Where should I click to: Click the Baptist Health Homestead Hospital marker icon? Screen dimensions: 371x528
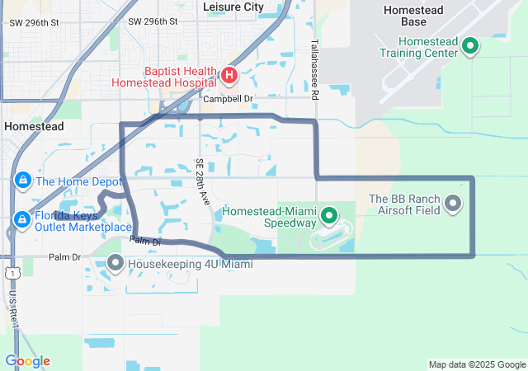pyautogui.click(x=229, y=77)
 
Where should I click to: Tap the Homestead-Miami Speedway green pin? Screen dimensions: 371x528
pyautogui.click(x=329, y=217)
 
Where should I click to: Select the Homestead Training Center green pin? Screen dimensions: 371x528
pyautogui.click(x=469, y=46)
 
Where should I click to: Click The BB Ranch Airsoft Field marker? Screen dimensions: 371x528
pyautogui.click(x=453, y=203)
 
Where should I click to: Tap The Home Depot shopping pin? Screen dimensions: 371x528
pyautogui.click(x=21, y=181)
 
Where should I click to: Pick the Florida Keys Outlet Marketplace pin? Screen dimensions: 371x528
pyautogui.click(x=21, y=219)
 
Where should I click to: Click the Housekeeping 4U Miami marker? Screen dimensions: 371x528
pyautogui.click(x=115, y=264)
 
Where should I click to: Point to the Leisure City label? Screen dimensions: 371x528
pyautogui.click(x=233, y=7)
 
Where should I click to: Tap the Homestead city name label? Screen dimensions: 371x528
pyautogui.click(x=34, y=126)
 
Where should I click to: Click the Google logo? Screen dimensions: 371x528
pyautogui.click(x=27, y=361)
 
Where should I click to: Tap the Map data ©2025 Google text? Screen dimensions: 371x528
pyautogui.click(x=477, y=364)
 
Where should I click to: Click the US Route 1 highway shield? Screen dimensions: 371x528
pyautogui.click(x=7, y=270)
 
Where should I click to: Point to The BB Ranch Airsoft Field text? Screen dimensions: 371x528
pyautogui.click(x=405, y=204)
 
